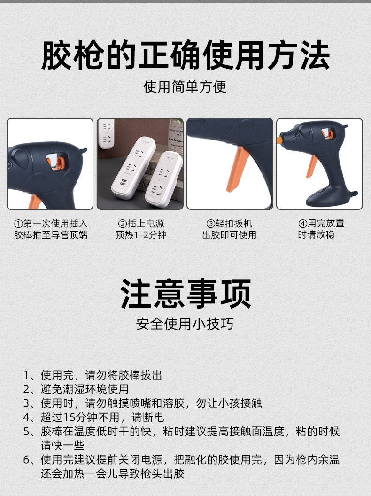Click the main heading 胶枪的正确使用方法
coord(185,56)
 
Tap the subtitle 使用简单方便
coord(185,86)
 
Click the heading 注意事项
coord(185,294)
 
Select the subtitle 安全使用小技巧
coord(185,324)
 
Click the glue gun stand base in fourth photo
coord(324,197)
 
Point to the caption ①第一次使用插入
coord(51,224)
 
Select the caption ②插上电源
coord(140,224)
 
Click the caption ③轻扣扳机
coord(230,224)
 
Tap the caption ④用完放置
coord(321,224)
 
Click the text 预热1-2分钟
coord(140,235)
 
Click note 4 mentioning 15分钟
coord(94,417)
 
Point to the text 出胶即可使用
coord(230,235)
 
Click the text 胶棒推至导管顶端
coord(51,235)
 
